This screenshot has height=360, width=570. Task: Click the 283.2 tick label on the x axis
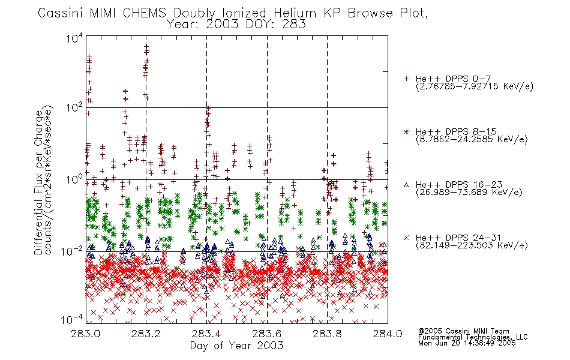coord(146,334)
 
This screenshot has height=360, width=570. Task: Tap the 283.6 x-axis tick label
coord(266,334)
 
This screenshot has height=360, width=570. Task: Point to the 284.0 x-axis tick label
coord(388,334)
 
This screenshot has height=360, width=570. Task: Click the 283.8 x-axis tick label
coord(327,334)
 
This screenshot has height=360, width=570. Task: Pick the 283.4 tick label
coord(206,334)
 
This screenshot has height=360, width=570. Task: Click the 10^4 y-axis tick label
coord(74,38)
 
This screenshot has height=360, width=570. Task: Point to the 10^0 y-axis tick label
coord(74,179)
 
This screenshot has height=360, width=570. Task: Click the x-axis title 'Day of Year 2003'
coord(236,346)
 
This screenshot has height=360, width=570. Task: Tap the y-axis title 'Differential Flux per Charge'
coord(39,182)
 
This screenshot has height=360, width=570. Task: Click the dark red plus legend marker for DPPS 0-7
coord(406,79)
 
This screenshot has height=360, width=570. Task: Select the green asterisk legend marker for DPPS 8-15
coord(406,131)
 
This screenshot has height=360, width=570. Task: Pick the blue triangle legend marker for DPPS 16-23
coord(406,185)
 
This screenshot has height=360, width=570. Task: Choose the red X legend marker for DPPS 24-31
coord(406,238)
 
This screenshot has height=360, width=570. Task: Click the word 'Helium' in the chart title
coord(295,13)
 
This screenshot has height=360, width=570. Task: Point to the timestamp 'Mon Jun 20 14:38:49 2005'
coord(467,343)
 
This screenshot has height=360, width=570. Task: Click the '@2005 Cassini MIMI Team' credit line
coord(463,331)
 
